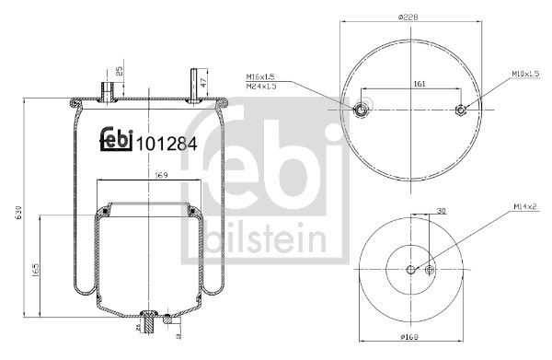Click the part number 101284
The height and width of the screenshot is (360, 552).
(x=167, y=144)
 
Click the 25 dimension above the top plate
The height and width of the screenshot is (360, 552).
(x=120, y=71)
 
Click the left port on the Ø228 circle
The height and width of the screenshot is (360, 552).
(x=362, y=111)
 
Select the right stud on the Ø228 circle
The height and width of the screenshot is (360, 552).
(x=462, y=111)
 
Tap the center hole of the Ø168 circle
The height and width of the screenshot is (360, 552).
(x=410, y=269)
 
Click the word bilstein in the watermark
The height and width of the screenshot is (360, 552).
(x=259, y=240)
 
